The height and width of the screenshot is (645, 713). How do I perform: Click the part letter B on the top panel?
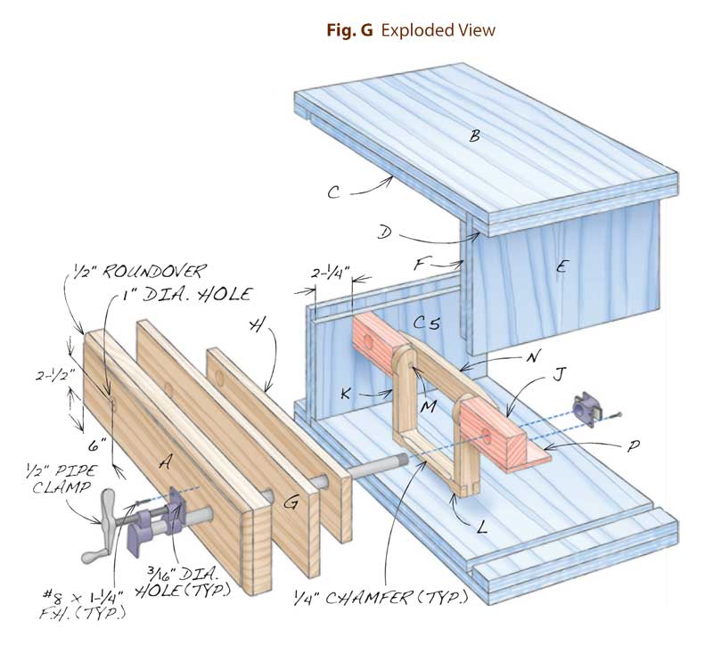point(475,135)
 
